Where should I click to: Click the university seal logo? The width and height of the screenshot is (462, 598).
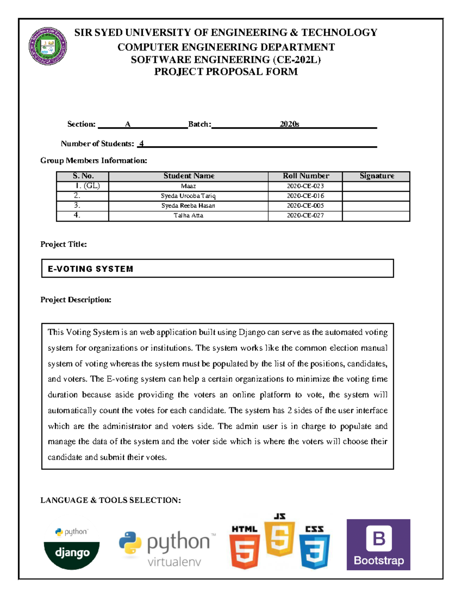[x=48, y=46]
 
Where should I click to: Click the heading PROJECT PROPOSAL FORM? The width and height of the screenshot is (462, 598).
[x=226, y=72]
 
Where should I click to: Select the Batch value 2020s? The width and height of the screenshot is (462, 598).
[x=289, y=124]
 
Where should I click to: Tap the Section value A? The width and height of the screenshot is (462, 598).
[x=128, y=124]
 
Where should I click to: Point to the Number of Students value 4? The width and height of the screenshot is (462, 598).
[x=141, y=144]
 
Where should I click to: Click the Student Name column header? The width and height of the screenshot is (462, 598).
[x=188, y=176]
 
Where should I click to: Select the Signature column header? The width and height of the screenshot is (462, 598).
[x=377, y=176]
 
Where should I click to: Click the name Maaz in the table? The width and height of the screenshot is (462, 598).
[x=188, y=186]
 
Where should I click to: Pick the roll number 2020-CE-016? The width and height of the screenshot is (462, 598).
[x=305, y=196]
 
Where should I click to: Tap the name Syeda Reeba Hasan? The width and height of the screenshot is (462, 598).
[x=188, y=206]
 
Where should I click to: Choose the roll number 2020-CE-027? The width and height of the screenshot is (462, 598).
[x=305, y=216]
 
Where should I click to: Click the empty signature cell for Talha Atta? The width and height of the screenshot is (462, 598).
[x=376, y=216]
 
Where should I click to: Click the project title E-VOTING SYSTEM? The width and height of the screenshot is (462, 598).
[x=90, y=269]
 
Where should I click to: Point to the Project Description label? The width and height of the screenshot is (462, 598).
[x=76, y=300]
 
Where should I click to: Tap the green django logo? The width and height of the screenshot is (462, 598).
[x=72, y=554]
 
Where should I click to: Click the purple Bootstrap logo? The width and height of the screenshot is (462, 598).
[x=378, y=544]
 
